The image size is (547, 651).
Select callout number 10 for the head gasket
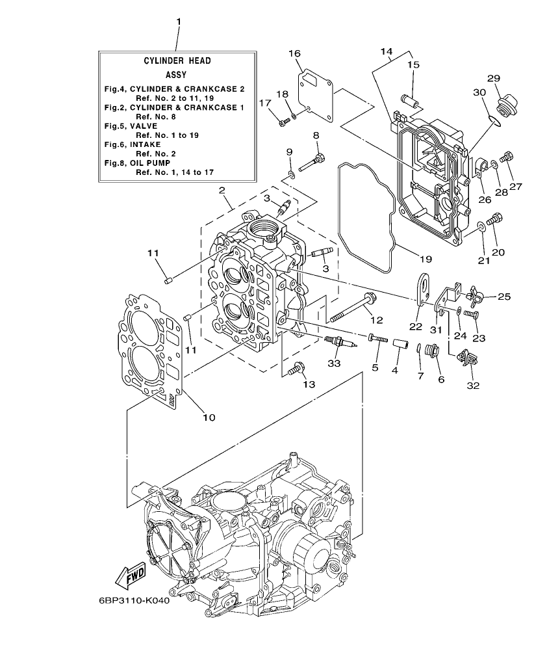pyautogui.click(x=209, y=418)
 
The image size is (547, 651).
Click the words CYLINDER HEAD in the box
pyautogui.click(x=177, y=60)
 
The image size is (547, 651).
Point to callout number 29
pyautogui.click(x=494, y=79)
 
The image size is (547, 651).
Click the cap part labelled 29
pyautogui.click(x=505, y=104)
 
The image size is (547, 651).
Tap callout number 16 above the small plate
pyautogui.click(x=294, y=53)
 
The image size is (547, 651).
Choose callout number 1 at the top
pyautogui.click(x=179, y=22)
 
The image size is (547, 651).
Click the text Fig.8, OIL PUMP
pyautogui.click(x=134, y=163)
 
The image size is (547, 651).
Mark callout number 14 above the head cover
pyautogui.click(x=386, y=51)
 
